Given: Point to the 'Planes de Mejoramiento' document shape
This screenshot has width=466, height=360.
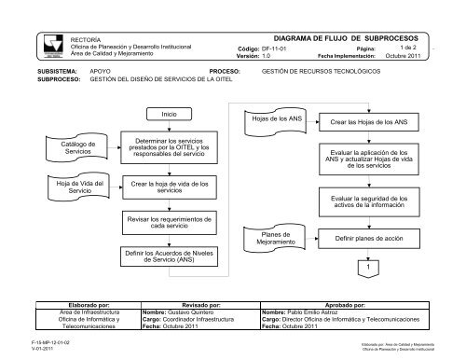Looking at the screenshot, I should pyautogui.click(x=263, y=239).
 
